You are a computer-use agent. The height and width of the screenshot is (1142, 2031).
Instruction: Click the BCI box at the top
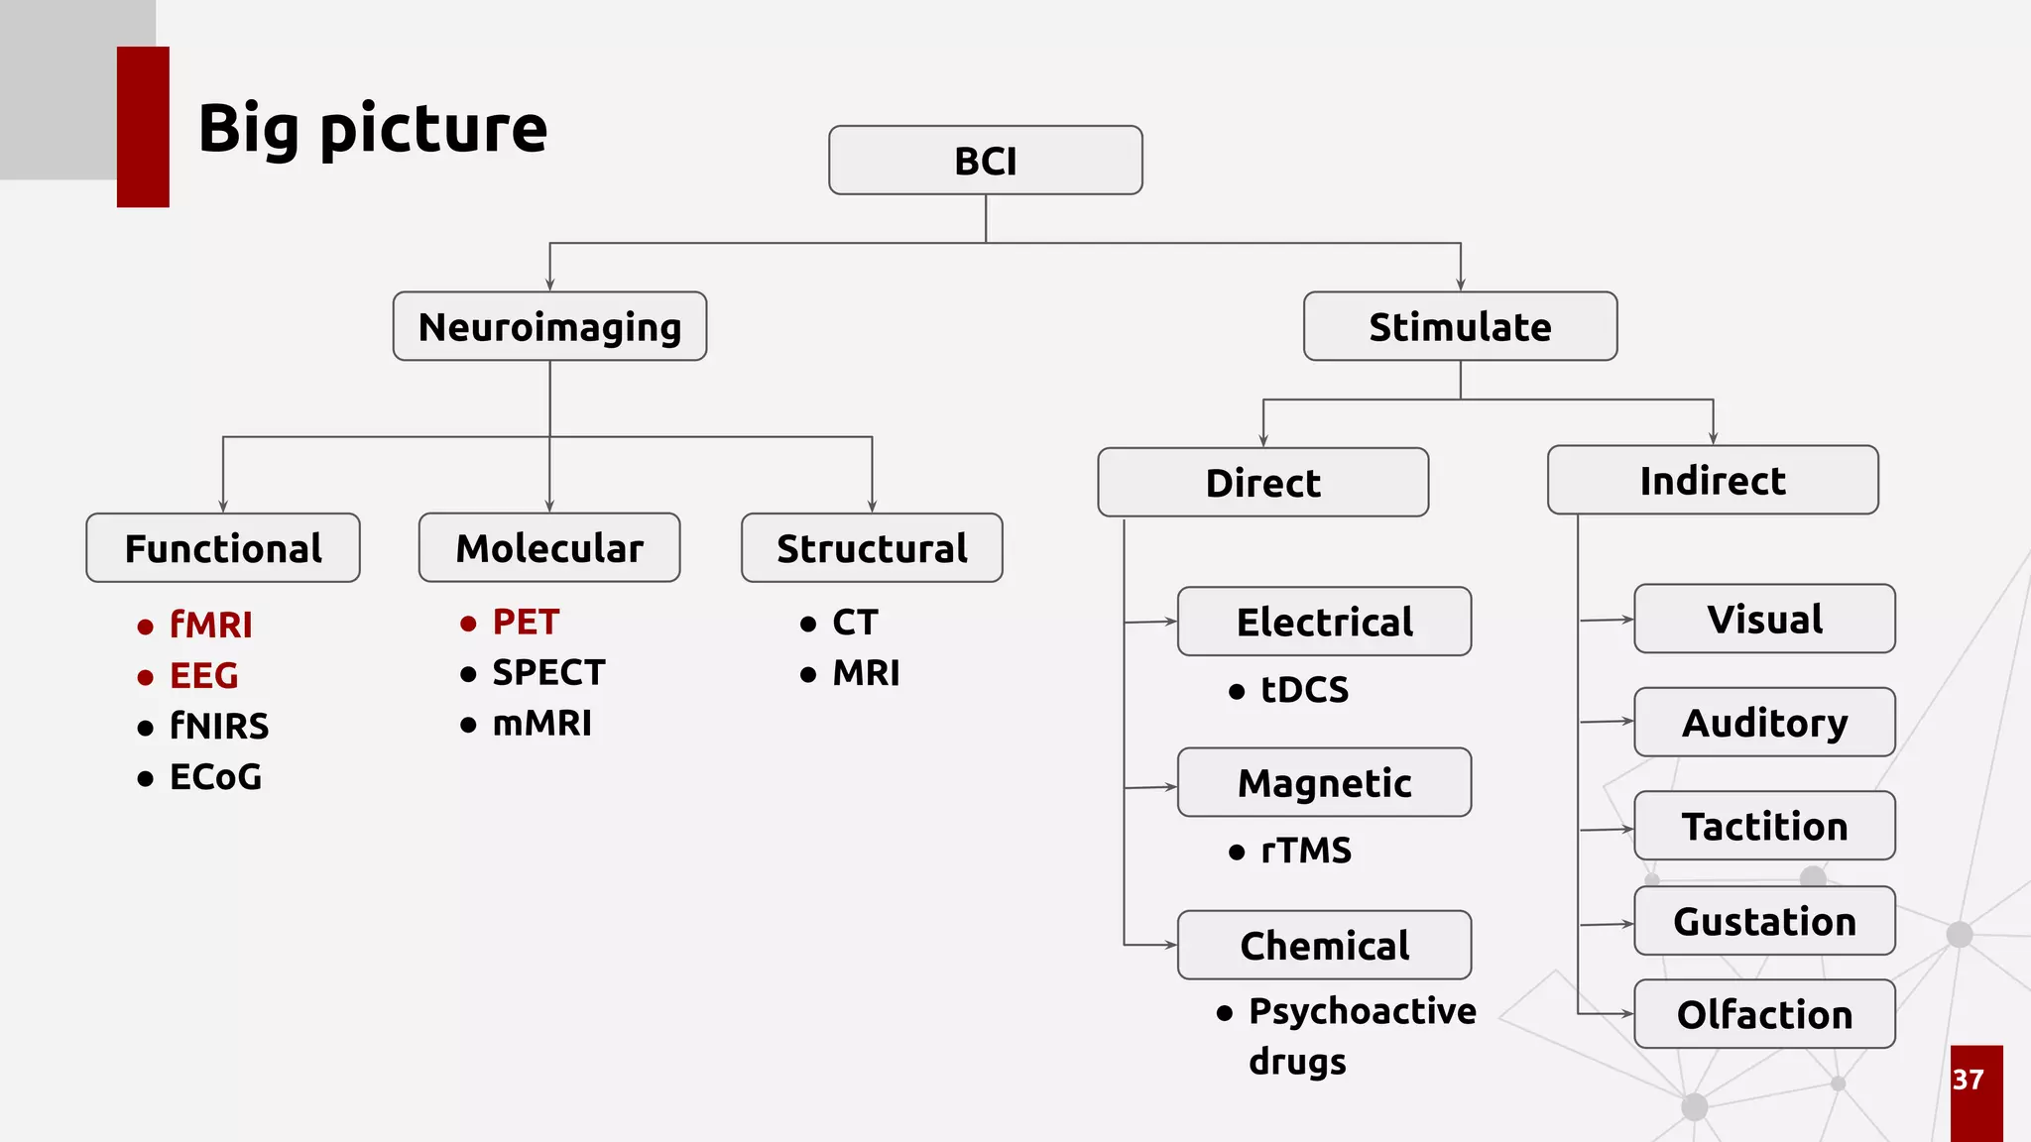985,161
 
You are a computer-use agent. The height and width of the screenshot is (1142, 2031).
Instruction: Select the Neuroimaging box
549,326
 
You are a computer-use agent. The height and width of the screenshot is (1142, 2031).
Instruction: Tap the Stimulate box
1460,326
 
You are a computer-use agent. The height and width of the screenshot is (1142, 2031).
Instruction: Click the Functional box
223,548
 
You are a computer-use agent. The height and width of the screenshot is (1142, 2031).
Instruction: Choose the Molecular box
549,548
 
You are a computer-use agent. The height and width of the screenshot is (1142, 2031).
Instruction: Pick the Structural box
872,548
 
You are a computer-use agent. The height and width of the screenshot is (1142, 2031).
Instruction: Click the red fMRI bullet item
210,625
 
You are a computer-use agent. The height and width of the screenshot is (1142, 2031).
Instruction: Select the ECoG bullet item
215,777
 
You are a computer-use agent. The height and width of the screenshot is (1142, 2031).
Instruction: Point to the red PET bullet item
526,623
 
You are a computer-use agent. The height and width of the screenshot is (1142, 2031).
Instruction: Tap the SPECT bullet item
548,673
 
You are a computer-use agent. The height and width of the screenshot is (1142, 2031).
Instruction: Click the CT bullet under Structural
855,623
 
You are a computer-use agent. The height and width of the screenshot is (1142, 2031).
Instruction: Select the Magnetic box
1324,783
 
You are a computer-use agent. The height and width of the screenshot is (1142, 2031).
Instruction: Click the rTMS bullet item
1305,851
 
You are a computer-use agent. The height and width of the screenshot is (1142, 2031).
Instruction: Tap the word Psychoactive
1362,1011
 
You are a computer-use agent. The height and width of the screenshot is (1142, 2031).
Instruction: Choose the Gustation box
1764,922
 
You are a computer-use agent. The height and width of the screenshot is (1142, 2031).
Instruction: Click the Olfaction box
1764,1015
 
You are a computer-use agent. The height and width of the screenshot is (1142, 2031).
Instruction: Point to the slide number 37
1969,1080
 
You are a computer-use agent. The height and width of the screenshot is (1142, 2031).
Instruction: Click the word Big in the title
248,129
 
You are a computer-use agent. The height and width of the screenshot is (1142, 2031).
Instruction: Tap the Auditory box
1764,723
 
